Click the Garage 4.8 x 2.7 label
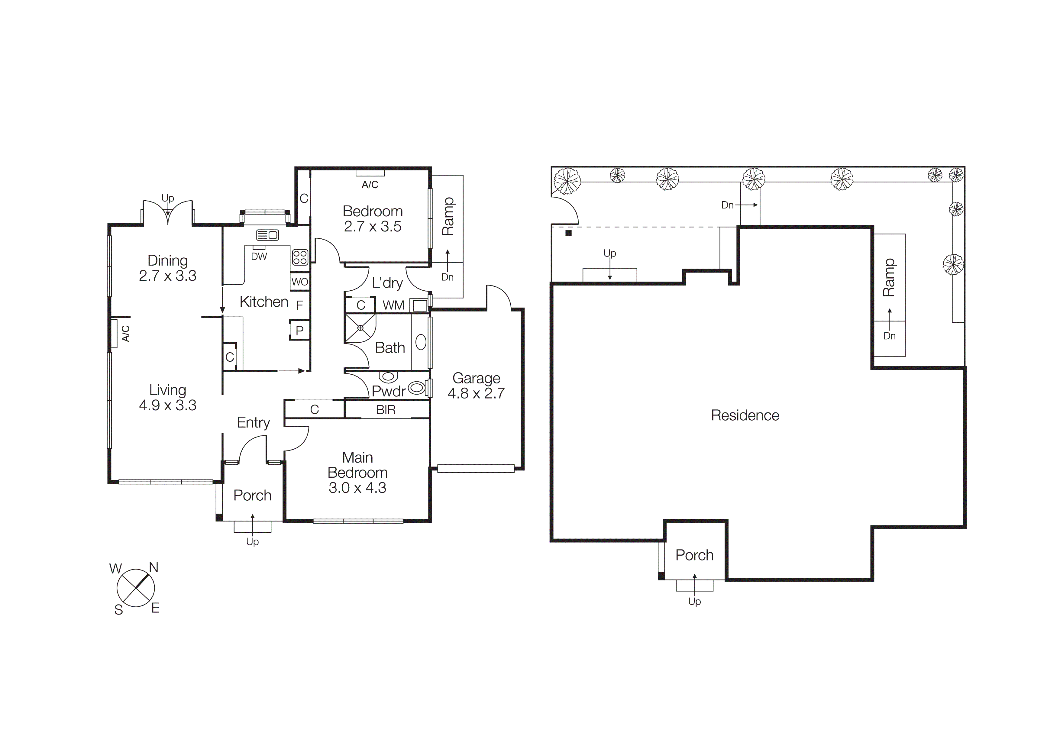tap(476, 386)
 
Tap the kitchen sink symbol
tap(267, 235)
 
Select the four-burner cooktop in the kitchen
tap(300, 257)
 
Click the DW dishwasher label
tap(259, 257)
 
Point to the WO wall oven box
tap(300, 282)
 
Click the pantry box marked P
tap(300, 331)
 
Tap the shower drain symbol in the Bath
tap(360, 328)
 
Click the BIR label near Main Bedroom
tap(386, 410)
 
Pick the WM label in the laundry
tap(393, 305)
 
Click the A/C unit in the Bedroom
tap(370, 173)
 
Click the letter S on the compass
tap(119, 610)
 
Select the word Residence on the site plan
tap(745, 415)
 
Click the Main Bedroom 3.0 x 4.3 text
tap(357, 473)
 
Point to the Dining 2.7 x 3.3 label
tap(168, 268)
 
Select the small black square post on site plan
tap(568, 233)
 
